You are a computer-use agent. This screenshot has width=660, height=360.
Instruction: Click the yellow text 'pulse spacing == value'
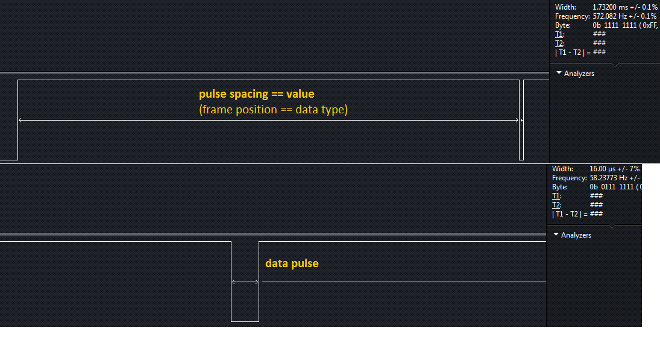(257, 94)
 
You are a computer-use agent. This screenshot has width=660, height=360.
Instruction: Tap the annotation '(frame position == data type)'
(274, 110)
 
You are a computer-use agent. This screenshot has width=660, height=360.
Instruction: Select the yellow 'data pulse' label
(292, 263)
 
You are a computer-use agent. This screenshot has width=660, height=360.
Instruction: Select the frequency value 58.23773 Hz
(607, 178)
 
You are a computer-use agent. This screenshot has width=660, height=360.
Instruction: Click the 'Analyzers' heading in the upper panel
(579, 74)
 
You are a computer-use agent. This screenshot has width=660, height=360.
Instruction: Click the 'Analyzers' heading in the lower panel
(576, 235)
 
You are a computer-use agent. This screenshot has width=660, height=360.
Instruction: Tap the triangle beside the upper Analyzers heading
(559, 73)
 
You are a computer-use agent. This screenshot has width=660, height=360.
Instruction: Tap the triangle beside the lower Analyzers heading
(556, 235)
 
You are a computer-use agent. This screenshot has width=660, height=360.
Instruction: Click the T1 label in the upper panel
(559, 34)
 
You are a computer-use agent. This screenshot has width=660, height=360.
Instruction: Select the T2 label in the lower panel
(556, 205)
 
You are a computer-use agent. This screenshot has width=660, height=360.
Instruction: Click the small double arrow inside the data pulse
(245, 282)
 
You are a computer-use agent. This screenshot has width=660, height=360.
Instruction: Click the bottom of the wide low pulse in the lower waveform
(245, 321)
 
